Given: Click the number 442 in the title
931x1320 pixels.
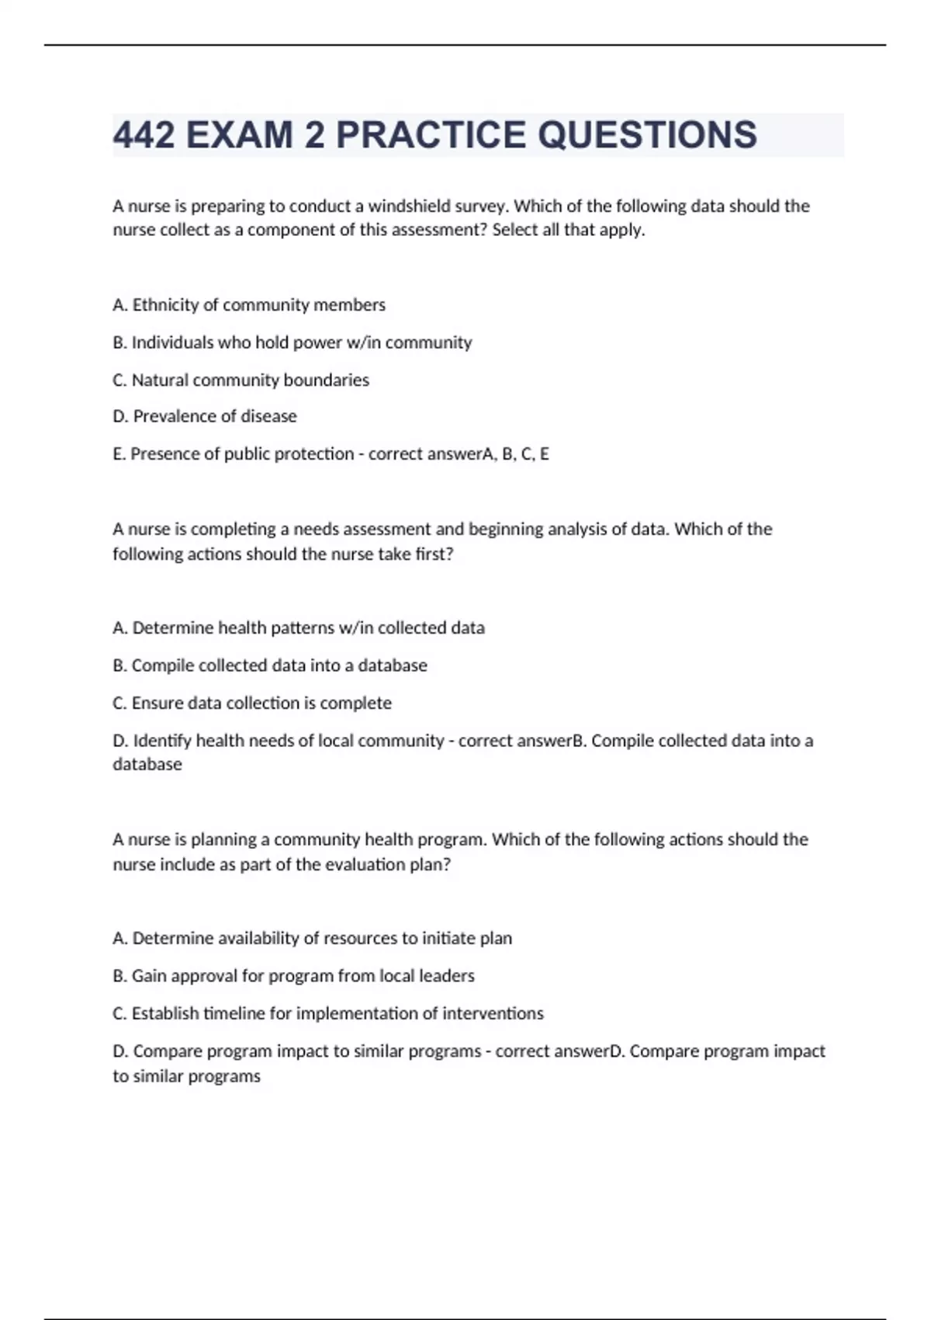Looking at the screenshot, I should click(x=144, y=135).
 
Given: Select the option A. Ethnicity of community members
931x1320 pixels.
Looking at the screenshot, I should click(x=249, y=305).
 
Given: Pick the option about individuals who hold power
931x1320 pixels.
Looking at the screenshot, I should click(x=292, y=342).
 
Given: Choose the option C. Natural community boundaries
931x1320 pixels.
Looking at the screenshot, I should click(x=241, y=380).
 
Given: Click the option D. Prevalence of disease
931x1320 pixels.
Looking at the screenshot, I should click(x=205, y=416).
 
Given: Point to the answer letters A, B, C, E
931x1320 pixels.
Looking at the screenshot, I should click(x=516, y=454).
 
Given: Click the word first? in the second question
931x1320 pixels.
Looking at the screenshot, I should click(x=434, y=554).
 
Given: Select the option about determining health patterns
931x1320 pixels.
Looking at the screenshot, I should click(x=299, y=628).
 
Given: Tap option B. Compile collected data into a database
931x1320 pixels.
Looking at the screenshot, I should click(x=270, y=665).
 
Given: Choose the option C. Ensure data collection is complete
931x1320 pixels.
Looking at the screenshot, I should click(x=252, y=703).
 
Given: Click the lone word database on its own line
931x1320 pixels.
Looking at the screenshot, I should click(x=147, y=764).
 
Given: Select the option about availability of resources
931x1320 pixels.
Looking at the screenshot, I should click(x=312, y=938).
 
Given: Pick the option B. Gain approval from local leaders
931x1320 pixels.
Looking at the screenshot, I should click(x=293, y=976).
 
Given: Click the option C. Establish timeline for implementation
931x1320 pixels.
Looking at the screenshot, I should click(x=328, y=1013).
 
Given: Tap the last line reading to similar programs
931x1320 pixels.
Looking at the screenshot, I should click(x=186, y=1076).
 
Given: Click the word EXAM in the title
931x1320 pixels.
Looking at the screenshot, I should click(x=241, y=135).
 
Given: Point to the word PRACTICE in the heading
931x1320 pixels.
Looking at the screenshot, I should click(x=431, y=135).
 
